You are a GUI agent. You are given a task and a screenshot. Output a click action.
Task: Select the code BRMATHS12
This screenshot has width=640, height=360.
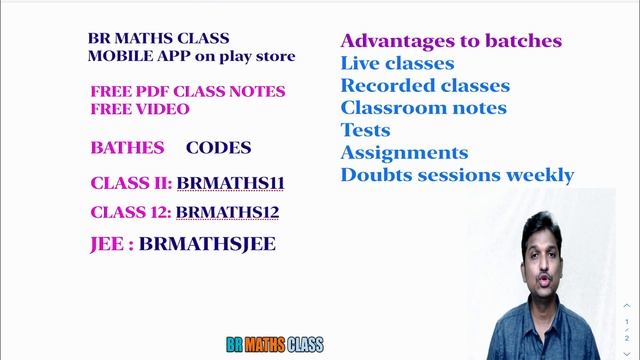[x=227, y=212]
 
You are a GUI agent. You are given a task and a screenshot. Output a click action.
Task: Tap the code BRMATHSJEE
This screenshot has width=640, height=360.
[x=207, y=243]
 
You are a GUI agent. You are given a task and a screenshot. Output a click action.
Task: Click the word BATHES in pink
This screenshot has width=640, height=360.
[x=127, y=148]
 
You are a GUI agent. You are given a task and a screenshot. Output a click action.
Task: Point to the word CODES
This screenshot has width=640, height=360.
[x=218, y=148]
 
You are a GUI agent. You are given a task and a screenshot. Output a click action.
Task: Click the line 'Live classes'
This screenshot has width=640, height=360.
[x=397, y=64]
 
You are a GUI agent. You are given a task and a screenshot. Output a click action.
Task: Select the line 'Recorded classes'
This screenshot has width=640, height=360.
[x=425, y=86]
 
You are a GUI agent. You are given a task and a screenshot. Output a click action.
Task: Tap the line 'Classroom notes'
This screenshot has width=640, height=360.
[x=423, y=108]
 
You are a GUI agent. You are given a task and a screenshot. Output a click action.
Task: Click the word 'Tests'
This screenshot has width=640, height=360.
[x=365, y=130]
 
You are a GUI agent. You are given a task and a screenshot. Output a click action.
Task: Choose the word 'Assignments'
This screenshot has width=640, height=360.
[x=404, y=153]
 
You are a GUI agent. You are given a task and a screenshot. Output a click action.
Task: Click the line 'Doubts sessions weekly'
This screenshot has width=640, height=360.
[x=457, y=175]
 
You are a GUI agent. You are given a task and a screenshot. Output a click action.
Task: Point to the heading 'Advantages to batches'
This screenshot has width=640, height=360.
[x=451, y=41]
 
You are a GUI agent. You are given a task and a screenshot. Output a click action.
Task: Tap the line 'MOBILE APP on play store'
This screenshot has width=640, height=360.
[x=192, y=56]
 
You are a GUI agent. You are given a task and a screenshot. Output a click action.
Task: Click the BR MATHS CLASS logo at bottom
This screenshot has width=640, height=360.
[x=260, y=345]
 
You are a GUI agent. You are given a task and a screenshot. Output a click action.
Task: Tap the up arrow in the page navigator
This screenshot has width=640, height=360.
[x=627, y=305]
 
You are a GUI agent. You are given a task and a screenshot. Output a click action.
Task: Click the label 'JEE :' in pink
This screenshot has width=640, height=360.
[x=112, y=243]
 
